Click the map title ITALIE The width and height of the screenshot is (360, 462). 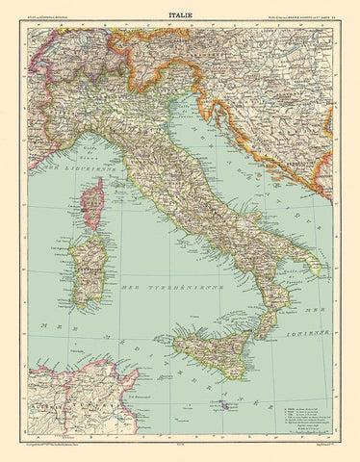pyautogui.click(x=180, y=13)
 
